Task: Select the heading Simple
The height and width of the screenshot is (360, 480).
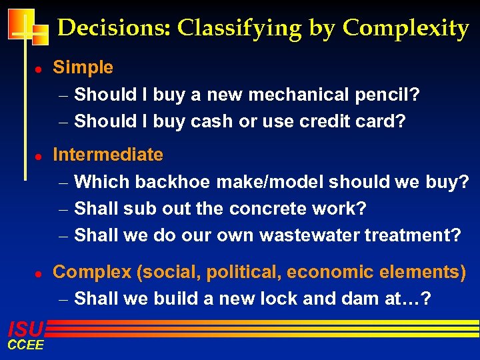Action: tap(83, 67)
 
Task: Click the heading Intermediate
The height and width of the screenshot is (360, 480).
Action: tap(108, 155)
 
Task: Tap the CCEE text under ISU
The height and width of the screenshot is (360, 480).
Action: tap(25, 345)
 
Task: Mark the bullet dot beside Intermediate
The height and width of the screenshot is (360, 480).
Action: tap(39, 155)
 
